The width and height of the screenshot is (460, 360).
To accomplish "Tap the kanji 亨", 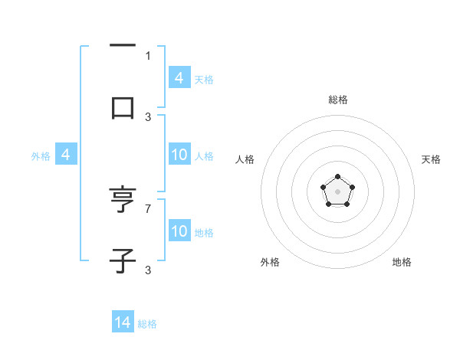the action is (x=123, y=201).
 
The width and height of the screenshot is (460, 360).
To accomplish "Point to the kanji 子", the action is (x=123, y=261).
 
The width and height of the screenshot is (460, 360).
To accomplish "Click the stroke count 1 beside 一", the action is (x=148, y=55).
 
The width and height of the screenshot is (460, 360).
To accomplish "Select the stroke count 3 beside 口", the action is (x=148, y=116).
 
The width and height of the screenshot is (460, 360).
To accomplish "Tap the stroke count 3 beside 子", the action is (x=148, y=270).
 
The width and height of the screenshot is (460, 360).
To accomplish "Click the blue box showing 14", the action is (x=123, y=322).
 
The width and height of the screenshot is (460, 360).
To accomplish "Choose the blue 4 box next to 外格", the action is (x=66, y=155).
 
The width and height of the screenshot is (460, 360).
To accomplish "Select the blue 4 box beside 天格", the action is (x=179, y=77).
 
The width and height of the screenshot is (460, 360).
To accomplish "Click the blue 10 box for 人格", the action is (x=179, y=155).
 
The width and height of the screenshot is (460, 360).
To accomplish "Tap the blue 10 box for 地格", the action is (x=179, y=231).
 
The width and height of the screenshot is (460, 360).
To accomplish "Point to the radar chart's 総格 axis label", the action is (x=338, y=100).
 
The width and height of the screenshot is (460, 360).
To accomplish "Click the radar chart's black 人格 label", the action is (x=245, y=159).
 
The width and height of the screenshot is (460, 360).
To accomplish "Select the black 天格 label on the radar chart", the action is (x=431, y=159).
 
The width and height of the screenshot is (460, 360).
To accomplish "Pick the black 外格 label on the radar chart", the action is (x=270, y=262).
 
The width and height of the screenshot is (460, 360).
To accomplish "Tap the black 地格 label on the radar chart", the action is (x=402, y=262).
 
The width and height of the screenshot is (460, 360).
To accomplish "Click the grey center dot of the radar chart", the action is (x=337, y=191).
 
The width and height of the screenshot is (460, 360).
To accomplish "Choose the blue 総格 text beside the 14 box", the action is (x=147, y=324).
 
